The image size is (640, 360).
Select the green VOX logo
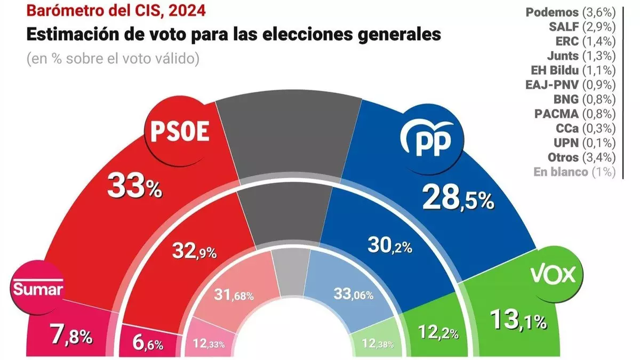[x=553, y=275]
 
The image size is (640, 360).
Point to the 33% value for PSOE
[x=134, y=186]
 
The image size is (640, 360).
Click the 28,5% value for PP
[x=458, y=199]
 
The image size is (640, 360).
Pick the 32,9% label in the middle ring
[x=194, y=251]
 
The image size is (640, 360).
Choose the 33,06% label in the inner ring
[x=353, y=294]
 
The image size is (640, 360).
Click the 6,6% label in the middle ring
[x=147, y=343]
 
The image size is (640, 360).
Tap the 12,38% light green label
[x=372, y=344]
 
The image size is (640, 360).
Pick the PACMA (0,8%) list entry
[x=575, y=114]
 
